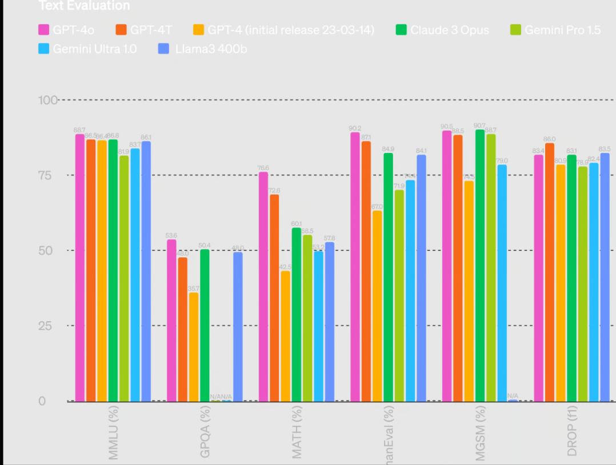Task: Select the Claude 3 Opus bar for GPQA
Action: click(205, 325)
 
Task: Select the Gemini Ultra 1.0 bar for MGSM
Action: click(502, 282)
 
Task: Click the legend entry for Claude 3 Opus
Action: click(449, 30)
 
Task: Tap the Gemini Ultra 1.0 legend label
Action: click(94, 48)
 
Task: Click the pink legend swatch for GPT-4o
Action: click(43, 30)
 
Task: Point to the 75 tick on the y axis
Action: click(49, 175)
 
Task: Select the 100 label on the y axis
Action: click(47, 100)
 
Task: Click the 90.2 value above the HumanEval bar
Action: click(355, 128)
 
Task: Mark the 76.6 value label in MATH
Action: click(263, 168)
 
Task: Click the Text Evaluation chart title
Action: click(84, 6)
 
